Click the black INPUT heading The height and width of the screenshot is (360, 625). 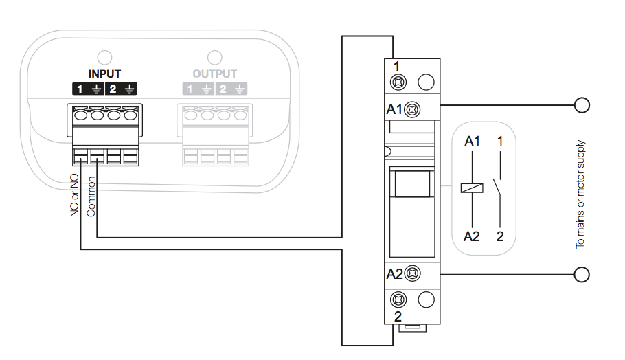pos(104,74)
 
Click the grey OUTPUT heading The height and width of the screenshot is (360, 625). pos(214,74)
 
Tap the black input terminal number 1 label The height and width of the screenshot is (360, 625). pos(80,89)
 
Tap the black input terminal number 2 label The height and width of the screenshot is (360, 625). pos(113,89)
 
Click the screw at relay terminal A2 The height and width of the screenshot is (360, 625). pos(412,274)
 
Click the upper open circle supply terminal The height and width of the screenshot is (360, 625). pos(582,105)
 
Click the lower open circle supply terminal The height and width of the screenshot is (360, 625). pos(582,275)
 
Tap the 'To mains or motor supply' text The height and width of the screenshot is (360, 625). pos(580,194)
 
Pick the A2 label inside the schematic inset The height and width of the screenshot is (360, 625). pos(472,236)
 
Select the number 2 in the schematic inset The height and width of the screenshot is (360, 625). pos(500,236)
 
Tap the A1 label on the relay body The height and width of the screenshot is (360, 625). pos(394,109)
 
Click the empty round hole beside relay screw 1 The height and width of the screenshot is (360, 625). pos(426,82)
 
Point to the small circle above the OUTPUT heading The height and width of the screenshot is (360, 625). pos(214,56)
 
